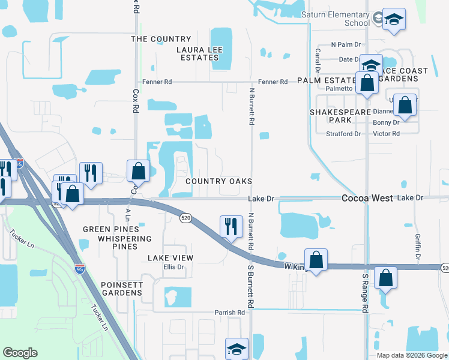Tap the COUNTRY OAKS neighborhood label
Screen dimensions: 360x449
pos(218,181)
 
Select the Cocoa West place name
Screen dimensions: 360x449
pos(367,198)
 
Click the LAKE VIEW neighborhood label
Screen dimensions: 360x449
pos(170,258)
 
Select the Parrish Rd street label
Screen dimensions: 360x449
pos(230,313)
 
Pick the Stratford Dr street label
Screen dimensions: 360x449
pos(343,134)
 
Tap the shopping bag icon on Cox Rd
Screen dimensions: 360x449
pos(138,171)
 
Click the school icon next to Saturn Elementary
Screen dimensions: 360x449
pos(394,20)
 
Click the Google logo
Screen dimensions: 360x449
pos(20,353)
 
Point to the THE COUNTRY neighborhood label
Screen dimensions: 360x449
pos(161,39)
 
